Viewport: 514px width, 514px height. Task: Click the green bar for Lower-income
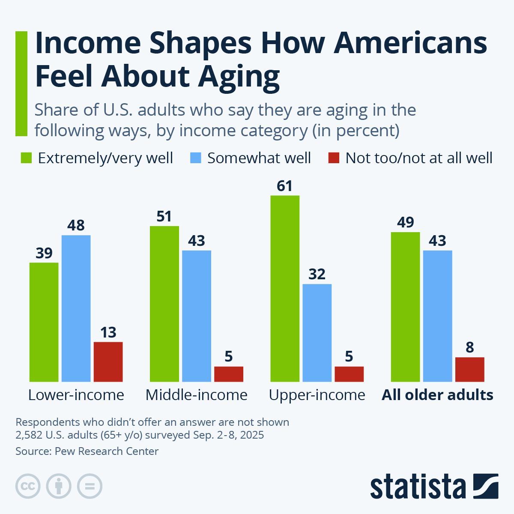[x=44, y=322]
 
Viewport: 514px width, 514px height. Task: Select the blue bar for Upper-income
[x=317, y=333]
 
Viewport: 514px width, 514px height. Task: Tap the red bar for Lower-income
[x=108, y=362]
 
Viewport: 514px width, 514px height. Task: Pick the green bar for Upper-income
[x=285, y=289]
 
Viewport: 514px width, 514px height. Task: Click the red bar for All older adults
[x=469, y=369]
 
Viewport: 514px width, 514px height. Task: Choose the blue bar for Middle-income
[x=197, y=316]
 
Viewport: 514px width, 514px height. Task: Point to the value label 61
[x=285, y=186]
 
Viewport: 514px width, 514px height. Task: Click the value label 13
[x=108, y=333]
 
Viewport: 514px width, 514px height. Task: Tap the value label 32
[x=317, y=274]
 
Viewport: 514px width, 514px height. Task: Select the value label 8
[x=469, y=347]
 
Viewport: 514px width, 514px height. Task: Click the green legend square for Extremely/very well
[x=27, y=158]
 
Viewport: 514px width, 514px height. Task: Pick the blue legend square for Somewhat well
[x=195, y=158]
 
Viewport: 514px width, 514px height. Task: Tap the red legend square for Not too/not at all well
[x=334, y=158]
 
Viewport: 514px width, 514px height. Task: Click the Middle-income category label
[x=197, y=394]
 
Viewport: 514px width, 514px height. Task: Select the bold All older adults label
[x=437, y=394]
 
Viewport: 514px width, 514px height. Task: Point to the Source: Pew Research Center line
[x=87, y=451]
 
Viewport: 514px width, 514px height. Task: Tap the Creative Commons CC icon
[x=28, y=487]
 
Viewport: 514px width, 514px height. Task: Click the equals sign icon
[x=90, y=487]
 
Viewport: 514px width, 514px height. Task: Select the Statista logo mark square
[x=486, y=486]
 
